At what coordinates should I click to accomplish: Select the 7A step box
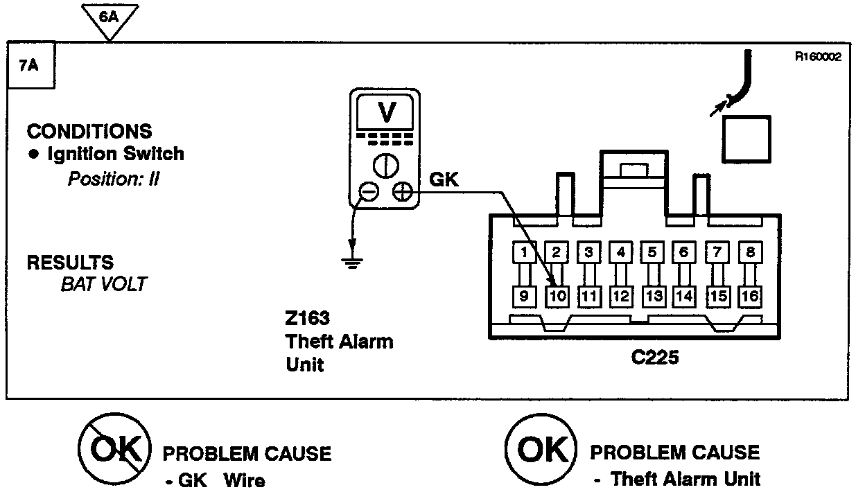[30, 67]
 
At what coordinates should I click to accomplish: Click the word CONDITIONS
[89, 131]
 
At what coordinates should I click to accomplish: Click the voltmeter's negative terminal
[369, 192]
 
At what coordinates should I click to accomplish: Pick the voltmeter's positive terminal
[401, 192]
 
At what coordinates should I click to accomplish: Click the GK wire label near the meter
[444, 179]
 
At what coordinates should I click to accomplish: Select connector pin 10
[557, 297]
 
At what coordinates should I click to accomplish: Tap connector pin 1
[525, 252]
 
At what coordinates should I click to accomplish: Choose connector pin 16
[749, 297]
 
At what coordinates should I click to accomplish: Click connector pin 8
[749, 252]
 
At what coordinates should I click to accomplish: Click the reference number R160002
[818, 58]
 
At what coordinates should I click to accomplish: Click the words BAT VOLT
[103, 284]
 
